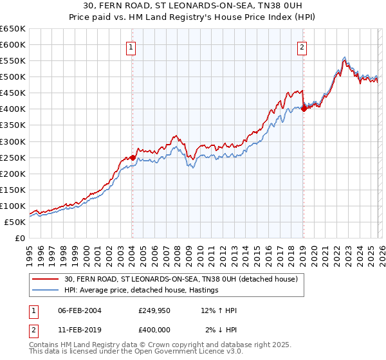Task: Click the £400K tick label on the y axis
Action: pos(12,109)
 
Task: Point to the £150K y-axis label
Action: pos(12,190)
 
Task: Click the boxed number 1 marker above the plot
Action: pos(131,46)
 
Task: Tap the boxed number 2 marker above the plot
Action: pos(302,46)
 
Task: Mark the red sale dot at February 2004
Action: pos(132,157)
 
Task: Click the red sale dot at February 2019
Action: pos(302,109)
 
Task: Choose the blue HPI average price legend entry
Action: pos(142,291)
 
